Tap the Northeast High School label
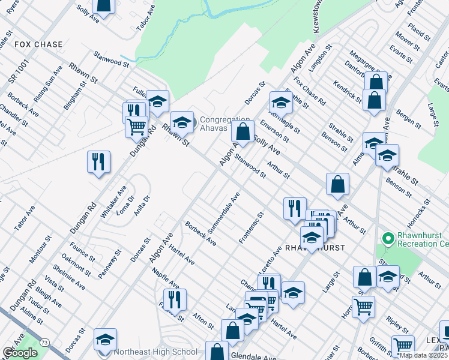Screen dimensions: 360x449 158,352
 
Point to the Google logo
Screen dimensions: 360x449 20,353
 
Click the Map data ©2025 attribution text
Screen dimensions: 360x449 423,355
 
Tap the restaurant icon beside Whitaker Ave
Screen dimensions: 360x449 98,162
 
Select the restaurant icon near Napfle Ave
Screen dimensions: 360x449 175,299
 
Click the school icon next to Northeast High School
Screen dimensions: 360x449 105,340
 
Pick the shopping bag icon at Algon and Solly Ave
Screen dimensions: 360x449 243,131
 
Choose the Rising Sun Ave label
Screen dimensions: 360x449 48,85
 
